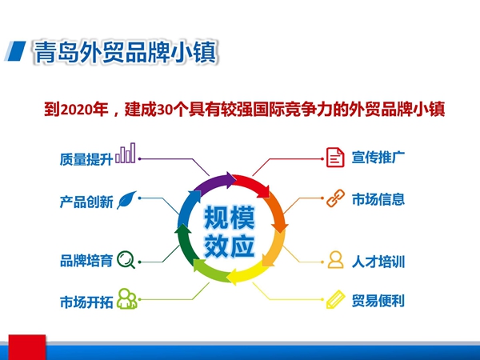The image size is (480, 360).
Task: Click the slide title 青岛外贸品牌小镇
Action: pyautogui.click(x=125, y=52)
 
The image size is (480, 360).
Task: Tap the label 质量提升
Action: pyautogui.click(x=86, y=159)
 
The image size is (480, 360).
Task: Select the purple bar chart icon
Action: pyautogui.click(x=126, y=153)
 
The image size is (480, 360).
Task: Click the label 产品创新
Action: pyautogui.click(x=86, y=202)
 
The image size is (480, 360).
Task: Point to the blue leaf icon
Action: pyautogui.click(x=126, y=200)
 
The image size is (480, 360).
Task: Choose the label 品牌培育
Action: pyautogui.click(x=86, y=261)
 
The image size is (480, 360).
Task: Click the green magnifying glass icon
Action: pyautogui.click(x=126, y=259)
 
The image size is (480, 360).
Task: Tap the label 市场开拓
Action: pyautogui.click(x=86, y=302)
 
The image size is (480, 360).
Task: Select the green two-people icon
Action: pyautogui.click(x=127, y=298)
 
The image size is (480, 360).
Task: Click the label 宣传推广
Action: pyautogui.click(x=378, y=158)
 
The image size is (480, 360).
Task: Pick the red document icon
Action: pyautogui.click(x=335, y=158)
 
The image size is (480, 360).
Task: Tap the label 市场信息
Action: pyautogui.click(x=378, y=199)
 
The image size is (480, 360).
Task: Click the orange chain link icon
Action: pyautogui.click(x=335, y=198)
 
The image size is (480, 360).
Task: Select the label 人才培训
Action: pyautogui.click(x=378, y=262)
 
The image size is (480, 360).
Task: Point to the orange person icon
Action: pyautogui.click(x=335, y=259)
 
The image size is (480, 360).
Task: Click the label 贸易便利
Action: pyautogui.click(x=378, y=301)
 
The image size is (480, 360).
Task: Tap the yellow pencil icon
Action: pyautogui.click(x=335, y=299)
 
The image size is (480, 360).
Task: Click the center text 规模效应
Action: pyautogui.click(x=230, y=232)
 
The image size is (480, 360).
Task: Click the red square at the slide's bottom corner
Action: pyautogui.click(x=27, y=347)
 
